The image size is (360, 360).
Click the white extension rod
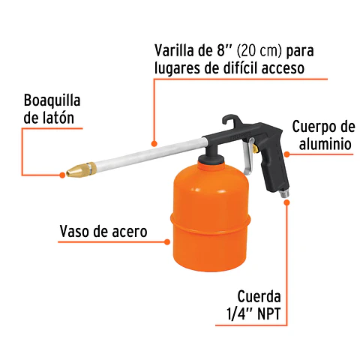coord(150,150)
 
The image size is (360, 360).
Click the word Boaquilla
coord(52,100)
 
